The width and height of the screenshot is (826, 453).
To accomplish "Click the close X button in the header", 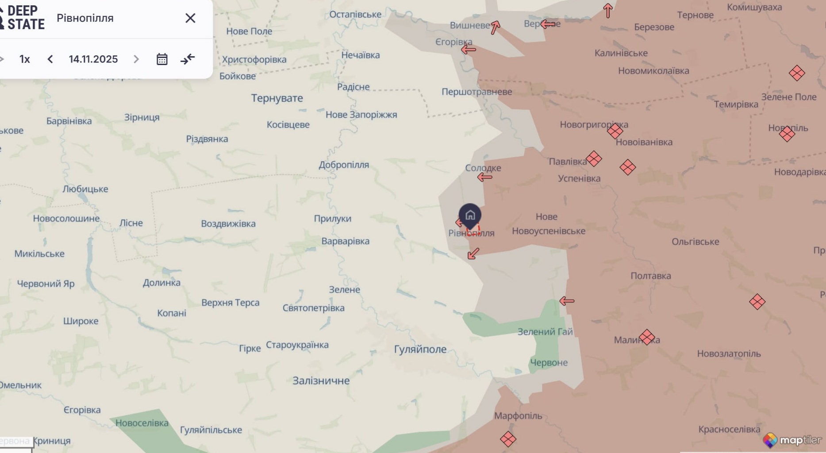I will coord(190,18).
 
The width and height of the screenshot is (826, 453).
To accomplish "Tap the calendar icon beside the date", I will coord(162,59).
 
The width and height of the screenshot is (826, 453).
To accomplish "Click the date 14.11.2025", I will coord(93,59).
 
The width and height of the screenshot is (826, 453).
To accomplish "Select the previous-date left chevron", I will coord(50,59).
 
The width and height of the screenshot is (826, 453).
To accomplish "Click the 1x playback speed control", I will coord(25,59).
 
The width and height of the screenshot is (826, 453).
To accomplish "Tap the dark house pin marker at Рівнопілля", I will coord(470,216).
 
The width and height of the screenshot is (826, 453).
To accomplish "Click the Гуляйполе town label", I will coord(420,349).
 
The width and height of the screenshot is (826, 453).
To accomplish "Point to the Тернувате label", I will coord(277,98).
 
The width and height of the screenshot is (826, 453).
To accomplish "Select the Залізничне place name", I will coord(321,381).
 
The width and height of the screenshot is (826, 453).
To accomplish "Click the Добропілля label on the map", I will coord(344,165).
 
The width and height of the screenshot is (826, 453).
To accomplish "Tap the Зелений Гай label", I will coord(545,332).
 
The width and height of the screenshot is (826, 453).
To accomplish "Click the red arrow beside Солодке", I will coord(485,177).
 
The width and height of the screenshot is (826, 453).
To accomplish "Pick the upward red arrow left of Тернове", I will coord(608,11).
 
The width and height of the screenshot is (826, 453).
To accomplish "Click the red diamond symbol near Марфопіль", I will coord(508,439).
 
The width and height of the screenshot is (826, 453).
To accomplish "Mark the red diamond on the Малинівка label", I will coord(647,337).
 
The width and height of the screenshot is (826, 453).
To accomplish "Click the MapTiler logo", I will coord(792,440).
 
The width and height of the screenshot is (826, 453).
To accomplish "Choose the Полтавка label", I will coord(650,276).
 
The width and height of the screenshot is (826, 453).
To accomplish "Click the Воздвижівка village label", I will coord(228,224).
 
